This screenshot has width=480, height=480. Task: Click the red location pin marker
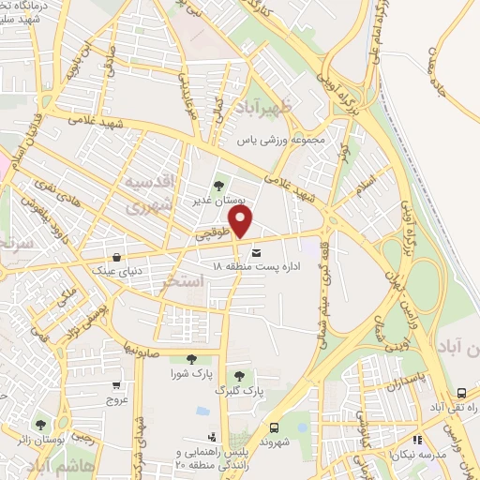coord(243,222)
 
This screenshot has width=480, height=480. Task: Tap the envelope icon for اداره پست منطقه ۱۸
coord(256,250)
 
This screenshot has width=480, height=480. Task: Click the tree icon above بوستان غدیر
coord(219,186)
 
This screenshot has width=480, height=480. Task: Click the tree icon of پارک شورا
coord(192,358)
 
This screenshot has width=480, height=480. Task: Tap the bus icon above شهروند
coord(275,427)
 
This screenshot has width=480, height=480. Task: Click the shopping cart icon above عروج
coord(116,384)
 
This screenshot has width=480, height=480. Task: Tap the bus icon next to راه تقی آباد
coord(461,394)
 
